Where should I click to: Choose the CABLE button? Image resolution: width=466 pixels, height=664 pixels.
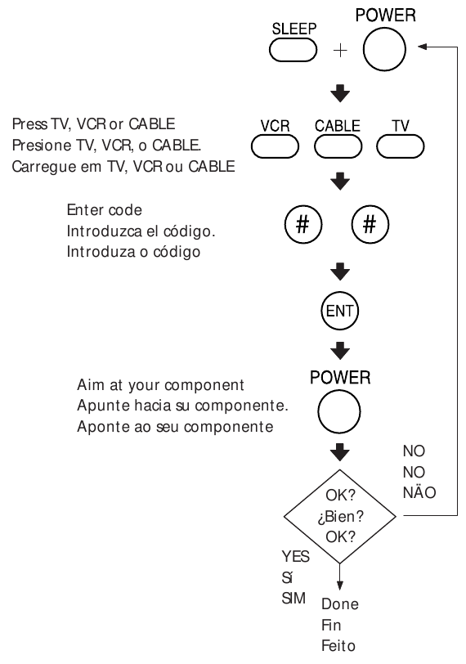click(337, 146)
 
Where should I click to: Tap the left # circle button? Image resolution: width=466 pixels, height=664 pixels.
click(302, 225)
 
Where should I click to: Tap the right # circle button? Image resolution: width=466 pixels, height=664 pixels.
click(370, 225)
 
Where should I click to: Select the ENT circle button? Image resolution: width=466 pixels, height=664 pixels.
click(337, 311)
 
